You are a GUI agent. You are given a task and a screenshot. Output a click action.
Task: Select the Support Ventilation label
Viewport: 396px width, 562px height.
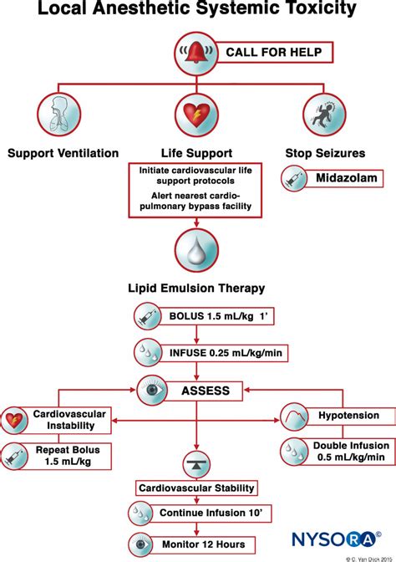[63, 152]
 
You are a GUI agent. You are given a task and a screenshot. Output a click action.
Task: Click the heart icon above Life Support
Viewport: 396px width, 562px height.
[198, 115]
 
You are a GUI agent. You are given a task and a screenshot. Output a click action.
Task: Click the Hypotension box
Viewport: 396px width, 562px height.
[348, 416]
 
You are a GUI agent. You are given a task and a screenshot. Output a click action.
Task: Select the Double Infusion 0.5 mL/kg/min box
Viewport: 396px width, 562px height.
[348, 452]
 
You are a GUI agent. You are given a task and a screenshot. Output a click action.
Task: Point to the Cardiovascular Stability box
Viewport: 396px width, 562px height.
[197, 488]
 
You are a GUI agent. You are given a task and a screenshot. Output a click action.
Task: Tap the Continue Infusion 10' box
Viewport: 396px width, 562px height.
[208, 513]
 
